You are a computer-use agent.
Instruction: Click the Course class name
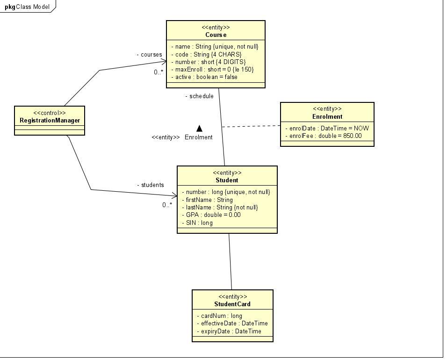(x=216, y=35)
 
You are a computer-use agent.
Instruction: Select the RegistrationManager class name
(x=50, y=121)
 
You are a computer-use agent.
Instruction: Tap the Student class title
(x=227, y=180)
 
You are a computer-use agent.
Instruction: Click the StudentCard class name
(x=232, y=304)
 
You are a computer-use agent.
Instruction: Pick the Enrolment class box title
(x=327, y=117)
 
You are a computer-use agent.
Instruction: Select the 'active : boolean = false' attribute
(x=204, y=77)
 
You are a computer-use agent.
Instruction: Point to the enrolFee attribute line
(x=323, y=136)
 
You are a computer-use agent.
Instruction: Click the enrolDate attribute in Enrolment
(x=327, y=128)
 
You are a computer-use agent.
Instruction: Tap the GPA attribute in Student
(x=211, y=215)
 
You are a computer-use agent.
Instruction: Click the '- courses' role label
(x=149, y=55)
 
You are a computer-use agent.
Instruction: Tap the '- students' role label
(x=150, y=185)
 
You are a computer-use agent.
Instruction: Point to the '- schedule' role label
(x=199, y=96)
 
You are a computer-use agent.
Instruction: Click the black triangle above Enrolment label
(x=199, y=128)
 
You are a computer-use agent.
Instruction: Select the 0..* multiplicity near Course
(x=159, y=72)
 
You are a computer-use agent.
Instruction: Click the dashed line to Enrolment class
(x=250, y=126)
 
